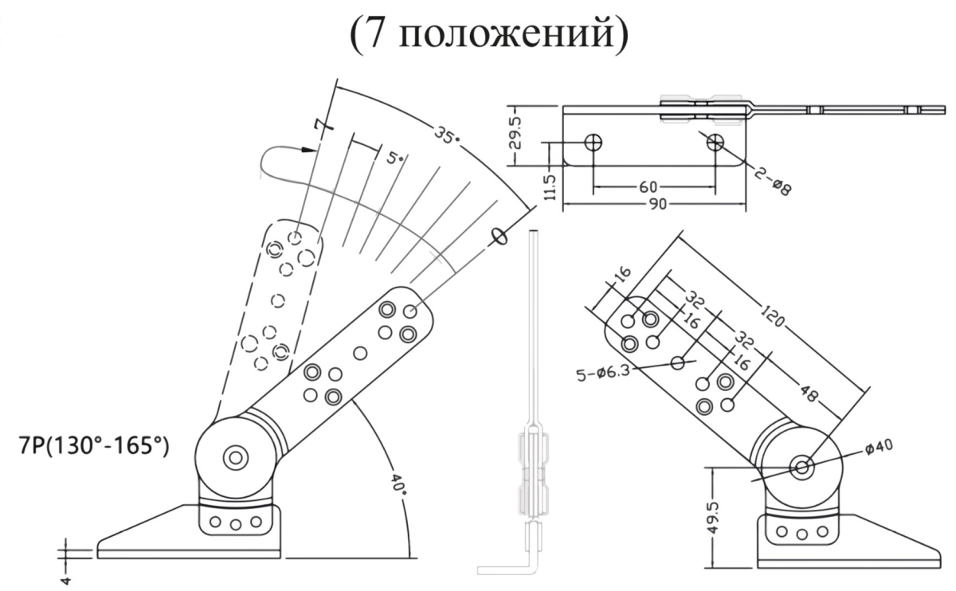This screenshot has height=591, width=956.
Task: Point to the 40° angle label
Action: pos(398,483)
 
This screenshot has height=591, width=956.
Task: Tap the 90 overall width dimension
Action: pos(656,205)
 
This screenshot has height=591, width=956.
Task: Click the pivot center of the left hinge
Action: pos(235,457)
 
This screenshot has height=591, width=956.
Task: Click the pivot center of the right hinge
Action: pos(801,465)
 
